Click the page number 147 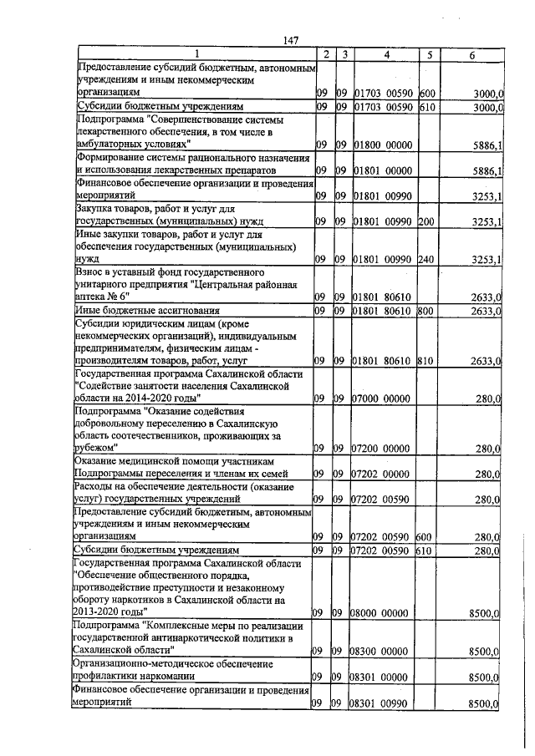tap(291, 40)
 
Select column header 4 tap(386, 54)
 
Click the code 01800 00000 tap(383, 145)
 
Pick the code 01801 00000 tap(383, 171)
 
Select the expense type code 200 tap(426, 222)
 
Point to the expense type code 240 tap(426, 261)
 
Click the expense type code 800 tap(426, 312)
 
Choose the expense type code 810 tap(426, 361)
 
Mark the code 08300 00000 tap(383, 650)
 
